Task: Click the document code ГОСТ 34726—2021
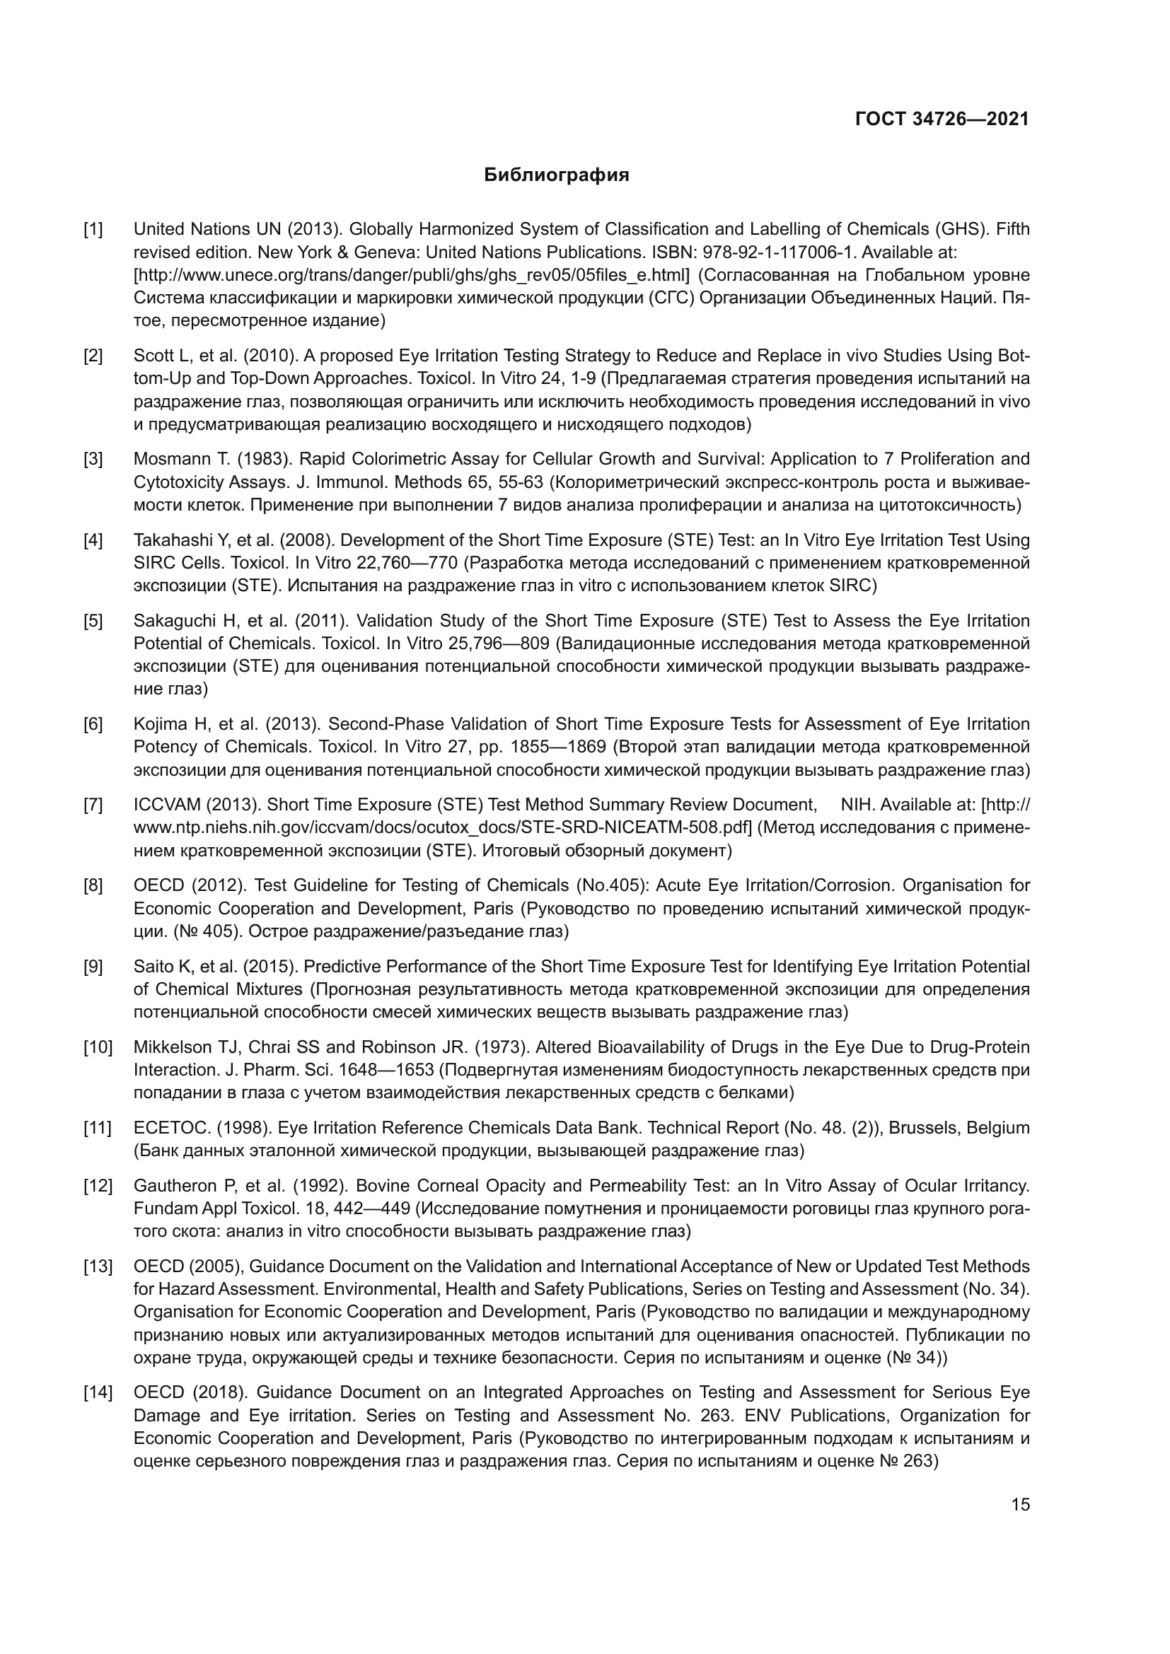(x=942, y=120)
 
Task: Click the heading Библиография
(x=556, y=175)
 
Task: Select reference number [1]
(x=93, y=230)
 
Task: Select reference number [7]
(x=93, y=805)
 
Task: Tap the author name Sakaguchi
(x=170, y=621)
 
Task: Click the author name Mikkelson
(x=170, y=1047)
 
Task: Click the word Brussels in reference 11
(x=923, y=1127)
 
